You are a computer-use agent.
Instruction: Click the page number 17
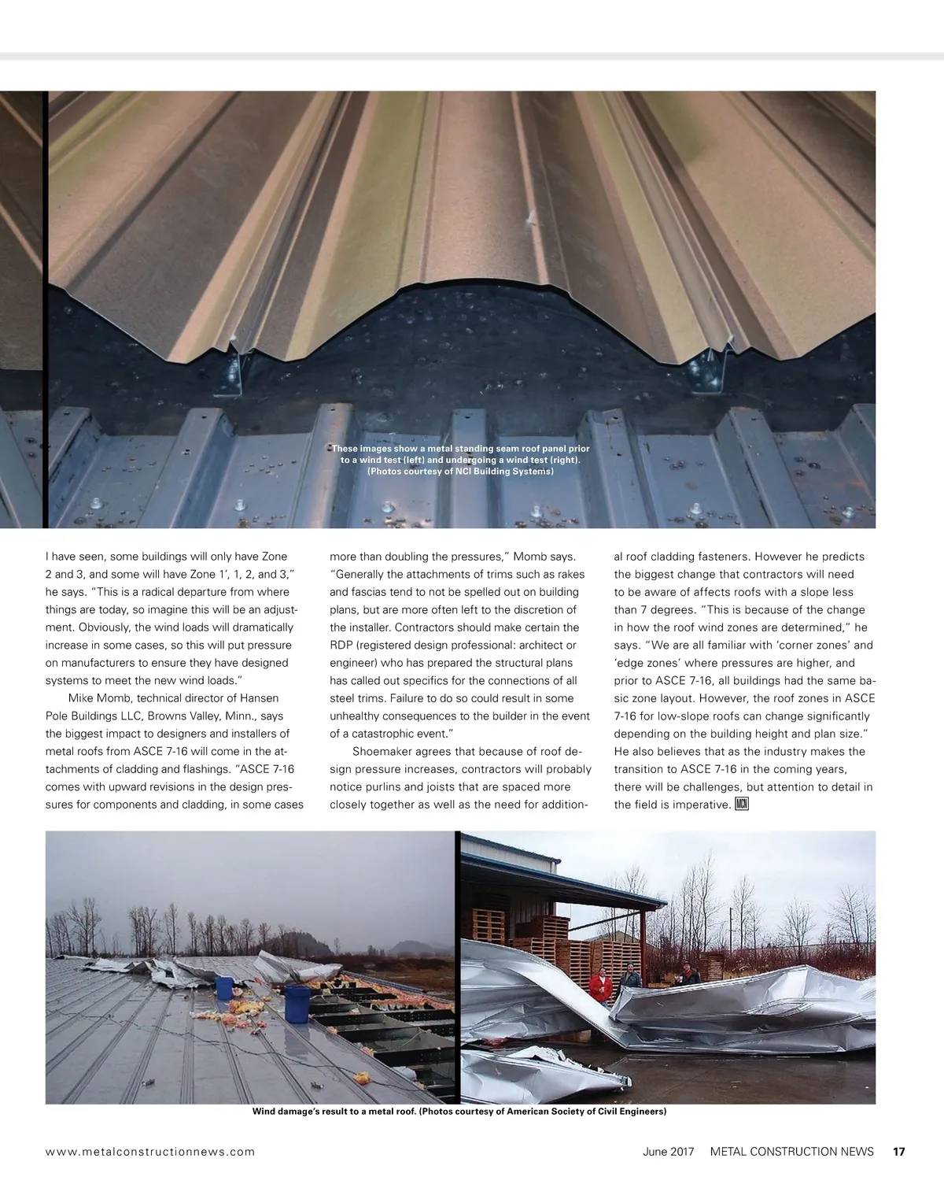[x=898, y=1152]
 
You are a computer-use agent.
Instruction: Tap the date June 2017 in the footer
[x=668, y=1152]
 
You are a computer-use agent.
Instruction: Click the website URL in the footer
[x=150, y=1152]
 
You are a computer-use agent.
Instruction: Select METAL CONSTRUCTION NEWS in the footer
[x=791, y=1152]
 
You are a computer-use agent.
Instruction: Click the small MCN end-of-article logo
[x=742, y=804]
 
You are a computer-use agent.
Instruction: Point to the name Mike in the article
[x=81, y=698]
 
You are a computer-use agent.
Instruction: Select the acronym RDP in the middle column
[x=341, y=645]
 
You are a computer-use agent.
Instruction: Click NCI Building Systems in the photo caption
[x=503, y=472]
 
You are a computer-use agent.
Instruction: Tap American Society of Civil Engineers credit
[x=586, y=1112]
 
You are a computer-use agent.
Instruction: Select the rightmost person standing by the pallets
[x=689, y=975]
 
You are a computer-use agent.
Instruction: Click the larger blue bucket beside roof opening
[x=297, y=1003]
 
